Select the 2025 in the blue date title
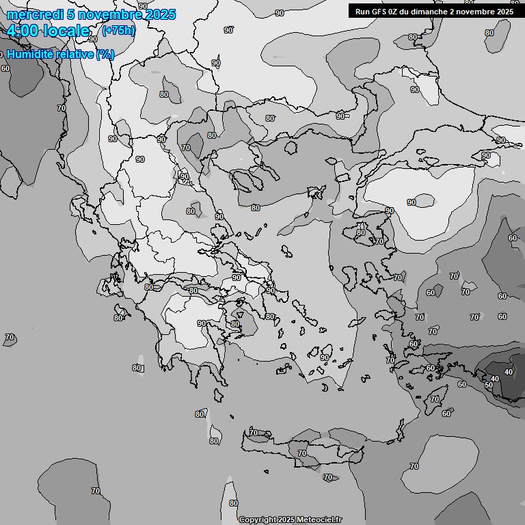point(161,14)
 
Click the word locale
point(66,31)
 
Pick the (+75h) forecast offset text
point(118,31)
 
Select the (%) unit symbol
point(105,54)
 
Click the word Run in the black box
point(363,11)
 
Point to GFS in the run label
point(381,11)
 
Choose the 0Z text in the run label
point(398,11)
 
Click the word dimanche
point(437,11)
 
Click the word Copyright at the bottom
point(258,520)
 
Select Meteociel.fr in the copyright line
point(319,520)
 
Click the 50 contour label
point(488,386)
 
